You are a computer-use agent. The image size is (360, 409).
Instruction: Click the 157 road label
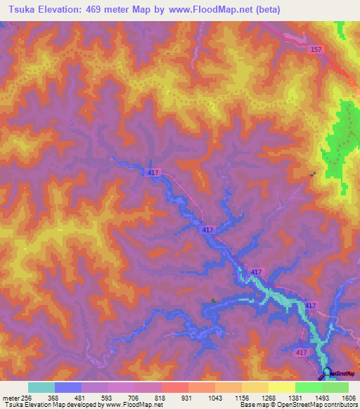tap(316, 49)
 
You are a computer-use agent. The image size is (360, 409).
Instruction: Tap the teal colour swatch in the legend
tap(41, 387)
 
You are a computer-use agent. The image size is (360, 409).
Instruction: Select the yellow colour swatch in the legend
tap(281, 387)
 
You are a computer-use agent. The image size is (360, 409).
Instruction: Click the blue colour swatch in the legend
tap(68, 387)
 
